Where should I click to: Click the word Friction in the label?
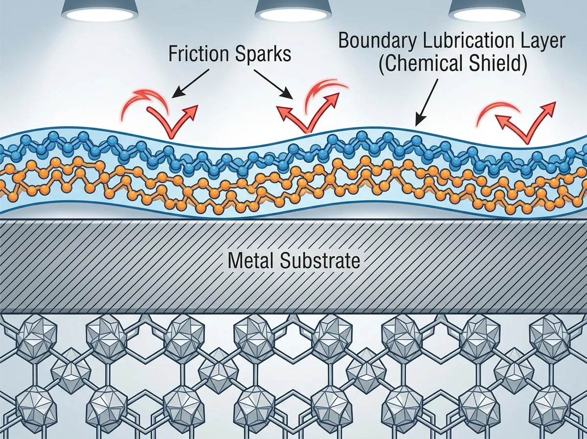coord(199,54)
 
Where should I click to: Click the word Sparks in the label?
coord(263,54)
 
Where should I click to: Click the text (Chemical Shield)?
coord(452,64)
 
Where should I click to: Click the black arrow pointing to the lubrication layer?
coord(427,102)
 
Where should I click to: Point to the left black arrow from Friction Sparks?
coord(191,83)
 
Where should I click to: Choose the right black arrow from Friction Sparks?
coord(273,84)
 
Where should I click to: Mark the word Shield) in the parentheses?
coord(497,64)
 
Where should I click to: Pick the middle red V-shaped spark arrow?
coord(308,113)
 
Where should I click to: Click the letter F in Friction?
coord(173,54)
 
